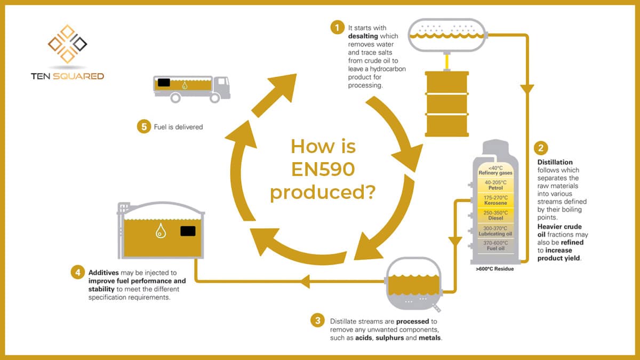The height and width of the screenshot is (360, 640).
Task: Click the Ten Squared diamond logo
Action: click(x=67, y=43)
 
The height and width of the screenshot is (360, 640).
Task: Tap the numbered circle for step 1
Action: click(x=337, y=27)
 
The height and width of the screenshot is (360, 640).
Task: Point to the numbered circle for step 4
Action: click(x=77, y=273)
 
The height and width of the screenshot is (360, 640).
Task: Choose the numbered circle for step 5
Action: click(x=143, y=127)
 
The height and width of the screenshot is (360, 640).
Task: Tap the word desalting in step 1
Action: click(x=365, y=35)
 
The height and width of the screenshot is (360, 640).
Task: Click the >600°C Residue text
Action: click(x=494, y=269)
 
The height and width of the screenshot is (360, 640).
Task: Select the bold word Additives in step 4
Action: click(x=104, y=273)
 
